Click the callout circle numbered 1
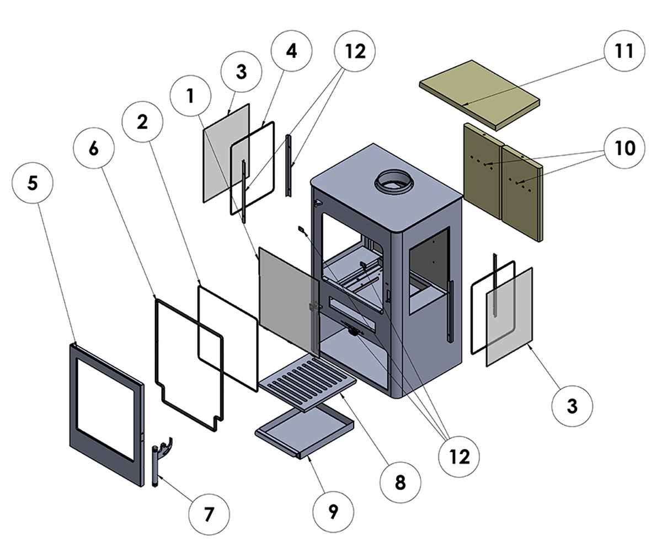tap(191, 96)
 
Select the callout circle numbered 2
tap(143, 122)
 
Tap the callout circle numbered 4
tap(291, 51)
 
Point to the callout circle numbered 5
tap(33, 183)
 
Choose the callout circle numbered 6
tap(94, 148)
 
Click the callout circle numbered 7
tap(209, 514)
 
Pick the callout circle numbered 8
tap(400, 481)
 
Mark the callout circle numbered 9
tap(333, 512)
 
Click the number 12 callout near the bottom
tap(459, 456)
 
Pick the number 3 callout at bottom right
tap(572, 406)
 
